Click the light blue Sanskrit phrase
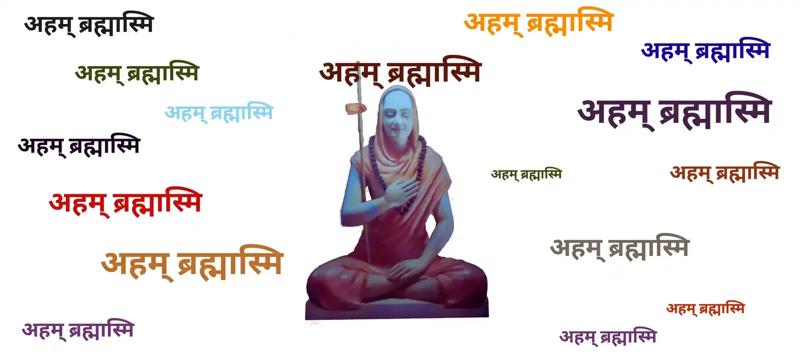(x=219, y=113)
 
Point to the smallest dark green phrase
(x=526, y=174)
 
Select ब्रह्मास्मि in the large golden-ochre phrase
(x=230, y=263)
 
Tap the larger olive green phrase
(x=137, y=73)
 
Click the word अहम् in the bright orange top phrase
(x=494, y=23)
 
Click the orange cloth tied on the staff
(x=355, y=108)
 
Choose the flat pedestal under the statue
(x=396, y=310)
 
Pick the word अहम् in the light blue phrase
(x=186, y=113)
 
